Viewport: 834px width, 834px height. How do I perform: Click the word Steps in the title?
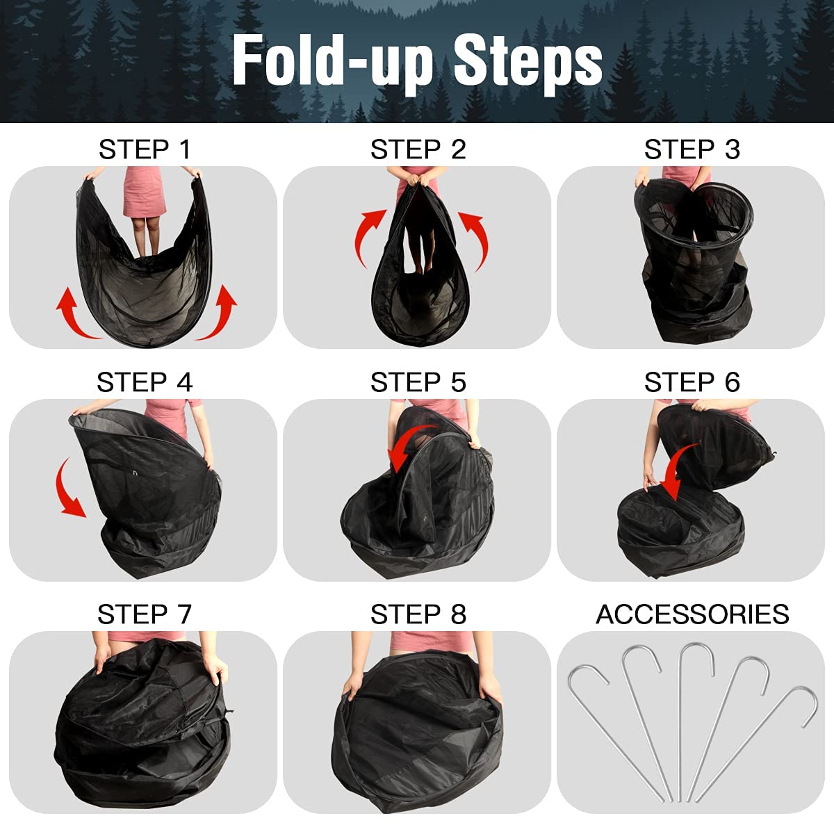(528, 63)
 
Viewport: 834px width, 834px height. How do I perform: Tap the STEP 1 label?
(145, 149)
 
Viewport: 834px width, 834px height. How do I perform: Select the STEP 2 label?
(418, 149)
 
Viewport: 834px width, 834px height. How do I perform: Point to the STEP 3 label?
(692, 149)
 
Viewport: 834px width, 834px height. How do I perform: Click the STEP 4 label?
(145, 382)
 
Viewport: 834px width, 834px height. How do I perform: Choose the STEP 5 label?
(418, 382)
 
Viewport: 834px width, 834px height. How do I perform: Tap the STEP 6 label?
(692, 382)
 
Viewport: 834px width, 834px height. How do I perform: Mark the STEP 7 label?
(145, 614)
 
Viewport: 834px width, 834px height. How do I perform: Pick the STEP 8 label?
(418, 614)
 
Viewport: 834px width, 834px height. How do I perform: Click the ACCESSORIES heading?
(692, 614)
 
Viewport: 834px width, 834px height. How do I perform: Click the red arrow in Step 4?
(69, 490)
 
